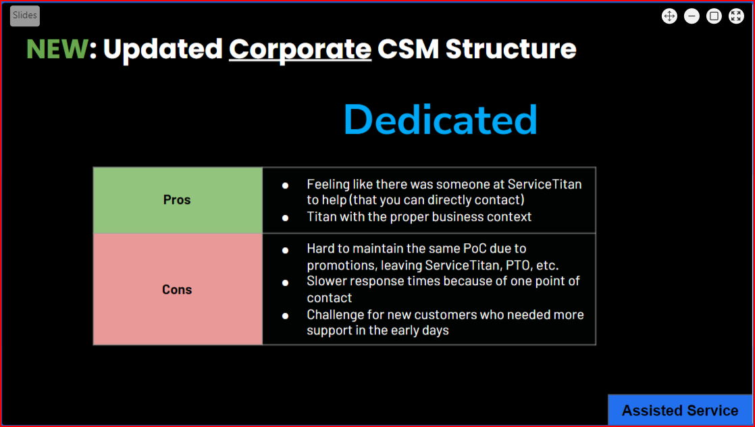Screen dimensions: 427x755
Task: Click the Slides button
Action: (25, 16)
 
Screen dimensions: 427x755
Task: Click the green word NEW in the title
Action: (57, 49)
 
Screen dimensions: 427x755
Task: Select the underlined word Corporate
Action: (300, 49)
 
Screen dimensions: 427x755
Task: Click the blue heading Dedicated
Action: (440, 120)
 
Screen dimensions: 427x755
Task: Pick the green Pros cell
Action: (177, 200)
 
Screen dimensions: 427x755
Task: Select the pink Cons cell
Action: (177, 289)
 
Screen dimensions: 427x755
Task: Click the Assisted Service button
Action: (680, 410)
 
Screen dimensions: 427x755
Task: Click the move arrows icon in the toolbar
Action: (669, 16)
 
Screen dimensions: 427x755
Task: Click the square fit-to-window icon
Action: (714, 16)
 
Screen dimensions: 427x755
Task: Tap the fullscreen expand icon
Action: (736, 16)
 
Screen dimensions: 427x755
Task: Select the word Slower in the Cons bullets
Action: (328, 281)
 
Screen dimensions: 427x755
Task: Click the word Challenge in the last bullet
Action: (338, 314)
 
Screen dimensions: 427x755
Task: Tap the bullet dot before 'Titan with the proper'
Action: (285, 218)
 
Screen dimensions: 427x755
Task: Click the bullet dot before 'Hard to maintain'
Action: (285, 250)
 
